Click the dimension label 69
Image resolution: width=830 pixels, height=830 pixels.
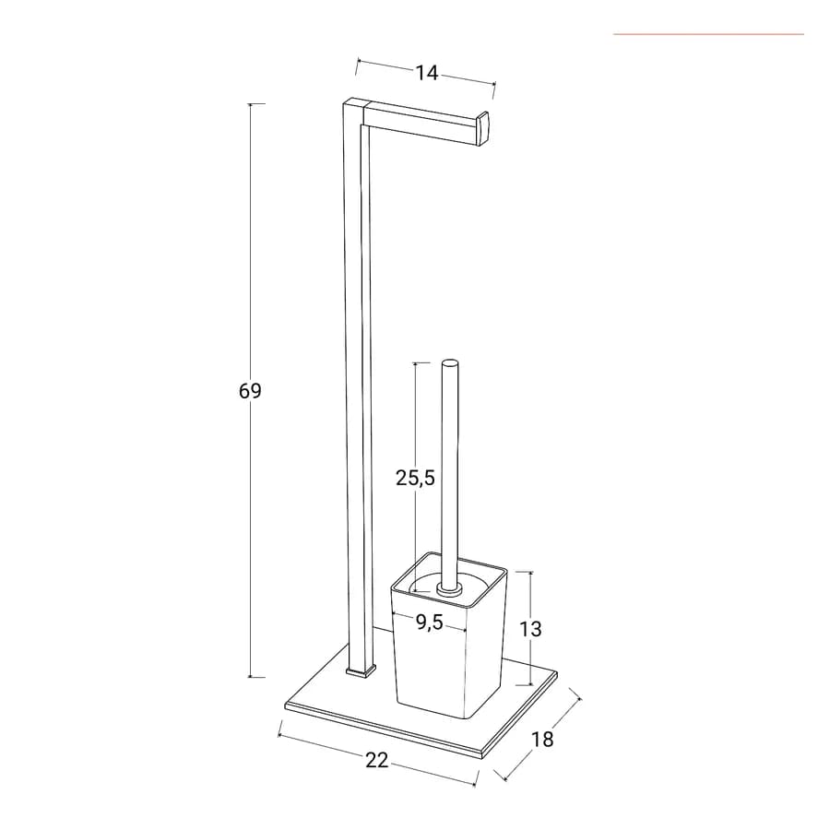click(x=250, y=391)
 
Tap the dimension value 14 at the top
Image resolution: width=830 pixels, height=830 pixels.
click(x=427, y=73)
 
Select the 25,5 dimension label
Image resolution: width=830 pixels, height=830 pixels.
click(x=415, y=478)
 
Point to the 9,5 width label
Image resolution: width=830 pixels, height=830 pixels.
click(x=429, y=622)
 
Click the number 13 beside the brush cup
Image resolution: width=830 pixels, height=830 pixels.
click(x=530, y=629)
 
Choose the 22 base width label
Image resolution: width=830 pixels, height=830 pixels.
click(x=377, y=760)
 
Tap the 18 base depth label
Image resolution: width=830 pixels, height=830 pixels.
click(x=542, y=739)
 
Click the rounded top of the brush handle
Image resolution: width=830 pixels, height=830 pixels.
click(x=450, y=362)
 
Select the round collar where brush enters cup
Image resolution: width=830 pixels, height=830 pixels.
click(x=450, y=588)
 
